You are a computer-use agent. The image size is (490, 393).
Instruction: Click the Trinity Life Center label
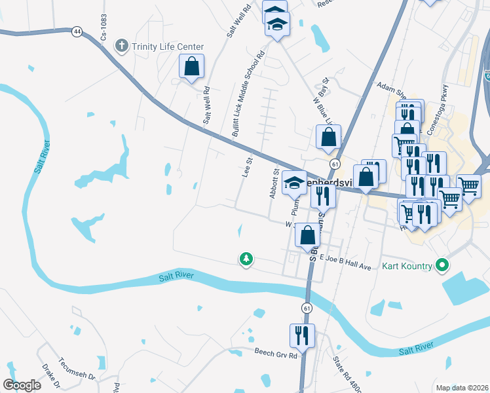(168, 47)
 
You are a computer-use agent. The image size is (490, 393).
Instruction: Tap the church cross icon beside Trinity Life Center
(121, 46)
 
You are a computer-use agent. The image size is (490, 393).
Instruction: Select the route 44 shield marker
(78, 31)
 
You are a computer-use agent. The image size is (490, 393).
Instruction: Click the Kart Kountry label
(407, 265)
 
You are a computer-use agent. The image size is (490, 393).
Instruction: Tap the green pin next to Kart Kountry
(442, 265)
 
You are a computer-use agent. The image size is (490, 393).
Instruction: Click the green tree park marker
(246, 260)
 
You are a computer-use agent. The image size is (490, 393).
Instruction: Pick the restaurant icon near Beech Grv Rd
(302, 335)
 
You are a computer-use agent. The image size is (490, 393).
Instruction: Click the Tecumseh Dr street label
(77, 377)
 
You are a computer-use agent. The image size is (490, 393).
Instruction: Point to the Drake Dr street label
(51, 376)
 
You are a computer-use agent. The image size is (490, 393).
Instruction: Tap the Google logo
(22, 384)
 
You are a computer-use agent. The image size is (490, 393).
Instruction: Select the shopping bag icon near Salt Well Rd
(191, 65)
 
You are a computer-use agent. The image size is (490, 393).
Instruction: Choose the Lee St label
(248, 166)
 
